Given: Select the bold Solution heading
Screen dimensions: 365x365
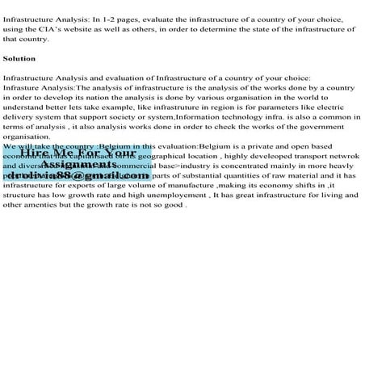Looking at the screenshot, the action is [19, 59].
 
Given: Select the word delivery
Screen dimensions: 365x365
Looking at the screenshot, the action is [19, 116].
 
